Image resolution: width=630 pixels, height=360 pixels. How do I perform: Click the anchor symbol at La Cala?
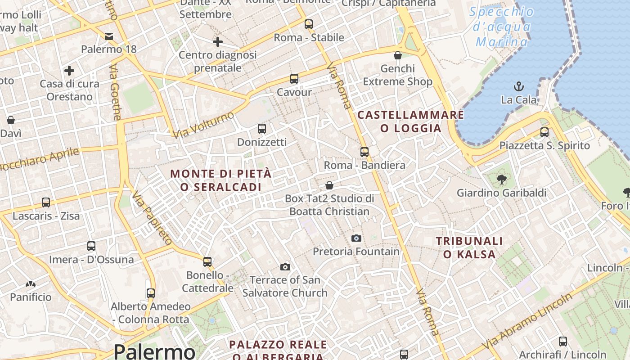point(519,86)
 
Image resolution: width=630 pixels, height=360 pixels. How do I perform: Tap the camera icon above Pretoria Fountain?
point(356,238)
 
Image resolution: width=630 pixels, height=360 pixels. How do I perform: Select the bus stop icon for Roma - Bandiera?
point(364,152)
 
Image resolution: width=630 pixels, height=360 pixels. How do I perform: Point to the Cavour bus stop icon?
point(294,79)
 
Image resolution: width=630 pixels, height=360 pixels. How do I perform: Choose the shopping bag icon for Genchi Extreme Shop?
point(398,55)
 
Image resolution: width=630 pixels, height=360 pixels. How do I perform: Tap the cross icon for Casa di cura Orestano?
point(69,71)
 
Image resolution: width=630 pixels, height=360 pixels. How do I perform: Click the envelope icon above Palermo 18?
point(109,36)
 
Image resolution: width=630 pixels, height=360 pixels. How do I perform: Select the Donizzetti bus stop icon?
point(262,129)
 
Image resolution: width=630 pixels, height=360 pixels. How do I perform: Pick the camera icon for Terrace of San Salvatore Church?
point(285,267)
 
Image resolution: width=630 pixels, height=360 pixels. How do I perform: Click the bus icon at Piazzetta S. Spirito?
point(544,132)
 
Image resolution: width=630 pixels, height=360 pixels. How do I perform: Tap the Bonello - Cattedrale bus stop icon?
point(207,261)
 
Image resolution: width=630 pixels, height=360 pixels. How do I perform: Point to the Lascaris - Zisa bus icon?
point(46,202)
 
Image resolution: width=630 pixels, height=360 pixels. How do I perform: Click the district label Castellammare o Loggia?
point(410,121)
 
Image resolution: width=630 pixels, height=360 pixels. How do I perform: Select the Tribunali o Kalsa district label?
point(469,247)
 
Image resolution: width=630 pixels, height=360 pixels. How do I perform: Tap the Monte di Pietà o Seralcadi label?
point(221,180)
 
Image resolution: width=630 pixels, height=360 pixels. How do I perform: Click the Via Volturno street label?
point(204,124)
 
